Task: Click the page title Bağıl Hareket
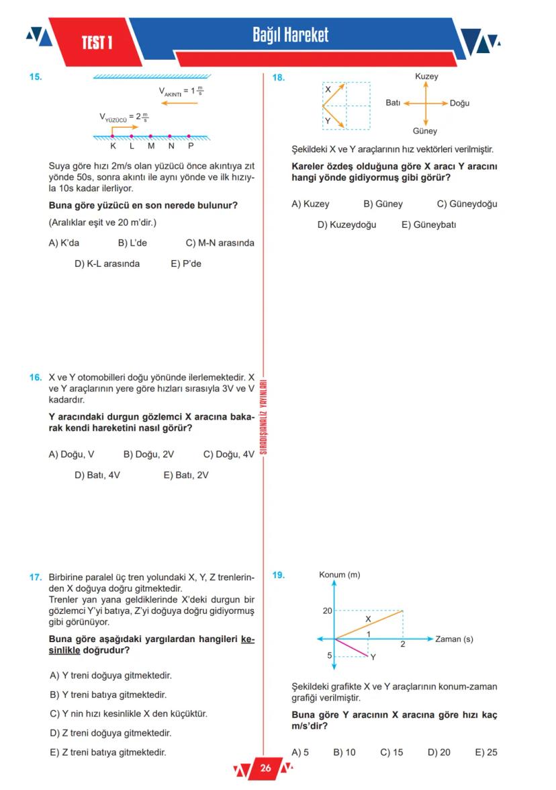tap(290, 35)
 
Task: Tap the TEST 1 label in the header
tap(97, 43)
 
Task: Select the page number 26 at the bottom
tap(265, 768)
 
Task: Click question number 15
tap(36, 77)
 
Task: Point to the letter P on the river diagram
tap(191, 145)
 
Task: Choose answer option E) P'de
tap(186, 264)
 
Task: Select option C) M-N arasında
tap(220, 243)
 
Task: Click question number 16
tap(36, 378)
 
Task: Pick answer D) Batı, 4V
tap(97, 475)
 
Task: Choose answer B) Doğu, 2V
tap(148, 455)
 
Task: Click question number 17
tap(36, 577)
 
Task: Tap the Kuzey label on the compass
tap(426, 77)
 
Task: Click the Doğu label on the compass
tap(459, 103)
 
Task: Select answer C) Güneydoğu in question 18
tap(467, 204)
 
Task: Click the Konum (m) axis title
tap(339, 575)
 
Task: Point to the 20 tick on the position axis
tap(327, 611)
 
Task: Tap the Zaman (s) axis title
tap(454, 639)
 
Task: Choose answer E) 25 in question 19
tap(485, 752)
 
